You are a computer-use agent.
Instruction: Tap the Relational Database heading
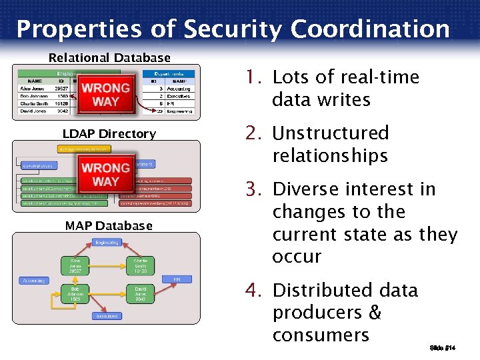tap(109, 58)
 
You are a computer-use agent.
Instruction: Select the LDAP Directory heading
tap(109, 134)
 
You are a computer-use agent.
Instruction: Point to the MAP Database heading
tap(109, 226)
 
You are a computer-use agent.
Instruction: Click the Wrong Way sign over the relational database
tap(106, 95)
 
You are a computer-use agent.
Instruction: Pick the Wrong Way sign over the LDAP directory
tap(106, 174)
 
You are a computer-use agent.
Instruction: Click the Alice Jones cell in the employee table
tap(33, 89)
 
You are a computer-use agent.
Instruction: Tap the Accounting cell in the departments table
tap(179, 89)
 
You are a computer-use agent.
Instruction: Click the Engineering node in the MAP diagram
tap(107, 243)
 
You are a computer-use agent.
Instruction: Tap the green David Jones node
tap(140, 294)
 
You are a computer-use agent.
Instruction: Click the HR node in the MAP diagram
tap(177, 279)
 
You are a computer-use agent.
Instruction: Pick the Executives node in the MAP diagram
tap(107, 316)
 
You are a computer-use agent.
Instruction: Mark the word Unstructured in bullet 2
tap(331, 133)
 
